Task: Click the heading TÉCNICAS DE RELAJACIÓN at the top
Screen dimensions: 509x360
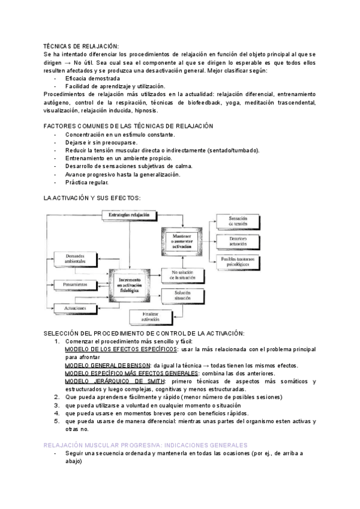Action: [x=82, y=47]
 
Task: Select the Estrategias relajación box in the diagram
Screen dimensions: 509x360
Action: [x=128, y=215]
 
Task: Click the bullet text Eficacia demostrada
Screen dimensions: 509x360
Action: [x=92, y=78]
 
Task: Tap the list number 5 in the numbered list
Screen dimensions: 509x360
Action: [x=56, y=421]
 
